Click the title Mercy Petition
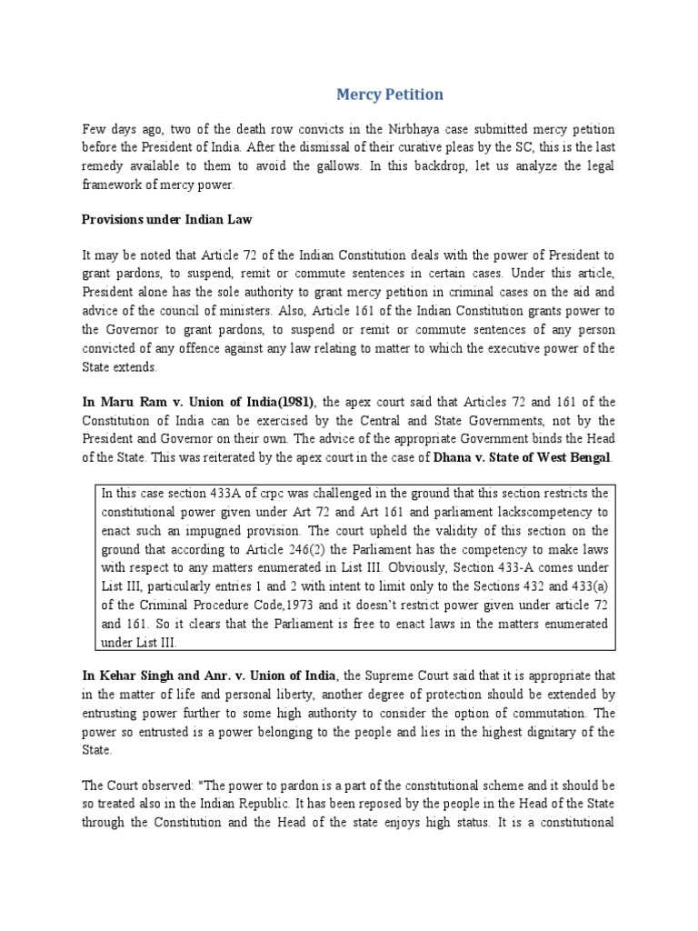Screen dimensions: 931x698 390,95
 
